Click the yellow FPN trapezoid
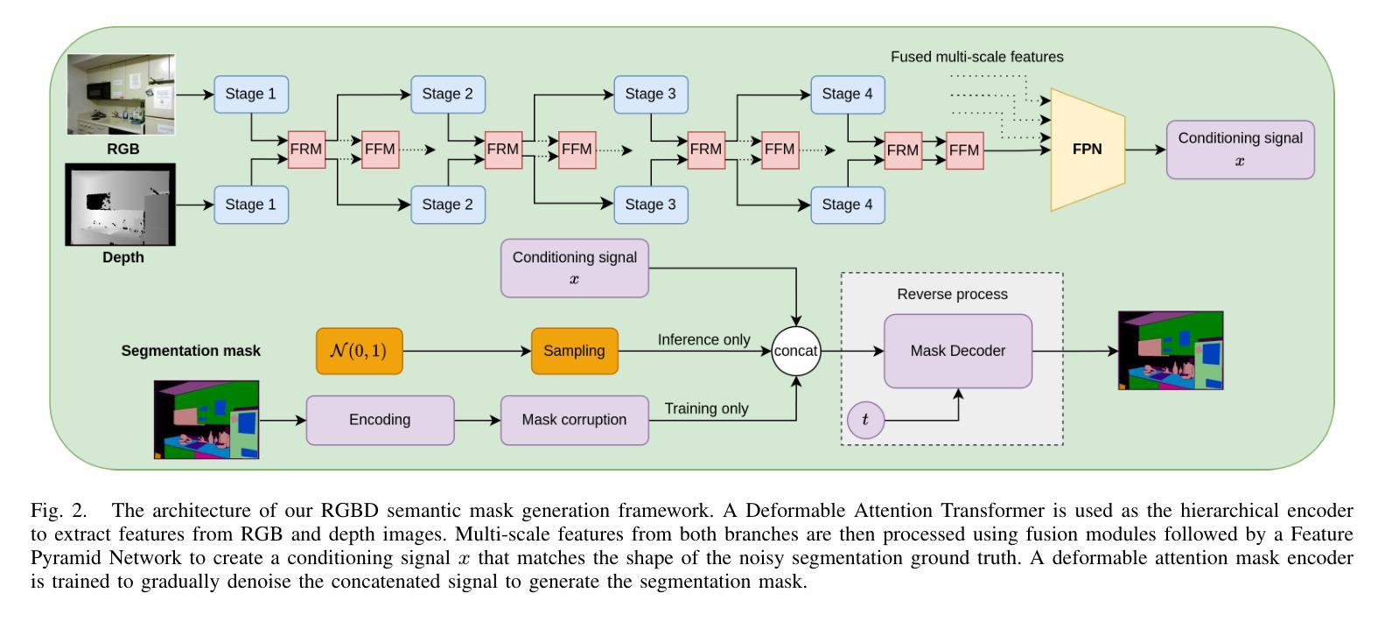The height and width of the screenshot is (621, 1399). pos(1087,150)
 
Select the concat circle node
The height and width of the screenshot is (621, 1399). pos(795,351)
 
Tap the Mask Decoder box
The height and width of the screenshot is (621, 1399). pos(957,351)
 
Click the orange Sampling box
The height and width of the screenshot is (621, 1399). pos(574,351)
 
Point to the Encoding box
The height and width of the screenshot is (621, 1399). pos(380,420)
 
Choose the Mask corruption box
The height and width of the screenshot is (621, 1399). pos(574,420)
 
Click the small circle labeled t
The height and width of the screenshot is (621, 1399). pos(865,420)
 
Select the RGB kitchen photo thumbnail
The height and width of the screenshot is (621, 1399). pos(122,94)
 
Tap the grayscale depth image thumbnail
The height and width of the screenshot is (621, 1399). pos(121,205)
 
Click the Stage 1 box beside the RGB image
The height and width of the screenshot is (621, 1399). pos(251,94)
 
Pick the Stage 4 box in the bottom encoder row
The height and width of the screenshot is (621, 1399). pos(847,205)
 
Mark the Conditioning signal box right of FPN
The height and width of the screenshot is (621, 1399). pos(1240,150)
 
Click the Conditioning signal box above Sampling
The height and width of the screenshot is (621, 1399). pos(574,268)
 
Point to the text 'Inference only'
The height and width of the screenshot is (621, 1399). pos(703,339)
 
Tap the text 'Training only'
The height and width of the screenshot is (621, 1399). pos(706,408)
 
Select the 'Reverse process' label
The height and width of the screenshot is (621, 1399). pos(952,294)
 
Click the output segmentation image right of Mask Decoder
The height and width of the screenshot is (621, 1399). pos(1171,351)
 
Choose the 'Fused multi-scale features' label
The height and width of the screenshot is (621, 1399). pos(976,57)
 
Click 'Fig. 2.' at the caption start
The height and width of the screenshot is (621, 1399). pos(59,511)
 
